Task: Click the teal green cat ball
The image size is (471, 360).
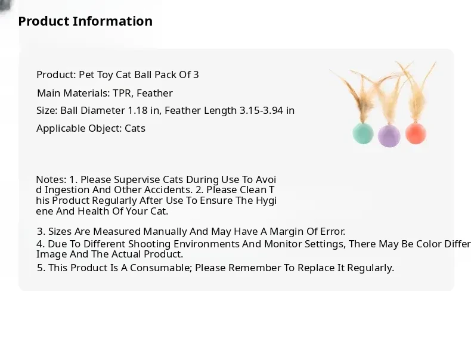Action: (x=363, y=134)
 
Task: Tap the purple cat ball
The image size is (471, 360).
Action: (x=389, y=136)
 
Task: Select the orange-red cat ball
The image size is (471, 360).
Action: (x=416, y=134)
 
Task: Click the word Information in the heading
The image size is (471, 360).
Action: (x=113, y=21)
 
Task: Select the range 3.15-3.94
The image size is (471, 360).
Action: (x=261, y=110)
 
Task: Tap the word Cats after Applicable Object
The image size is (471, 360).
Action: (x=135, y=129)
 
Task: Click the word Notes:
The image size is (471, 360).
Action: (x=51, y=179)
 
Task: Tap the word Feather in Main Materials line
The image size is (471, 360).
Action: (x=154, y=94)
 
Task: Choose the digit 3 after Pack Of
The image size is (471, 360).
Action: (x=196, y=75)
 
